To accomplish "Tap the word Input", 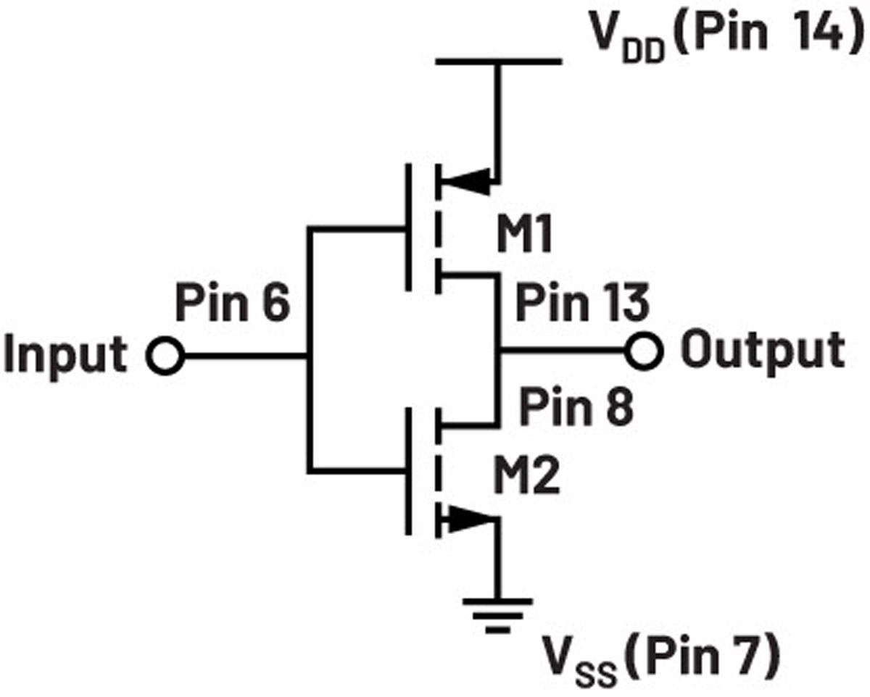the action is (x=66, y=356).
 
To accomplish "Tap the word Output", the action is (x=763, y=351).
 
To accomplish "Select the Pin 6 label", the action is (x=233, y=302).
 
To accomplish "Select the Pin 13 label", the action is (x=582, y=302).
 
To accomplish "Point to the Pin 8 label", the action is (x=576, y=406).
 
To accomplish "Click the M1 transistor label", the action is (x=524, y=233).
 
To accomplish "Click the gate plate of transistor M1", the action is (x=408, y=227).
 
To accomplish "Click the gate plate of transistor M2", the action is (x=408, y=471).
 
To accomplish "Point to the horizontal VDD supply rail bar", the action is (x=499, y=62).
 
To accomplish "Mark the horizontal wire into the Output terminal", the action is (x=563, y=351).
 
